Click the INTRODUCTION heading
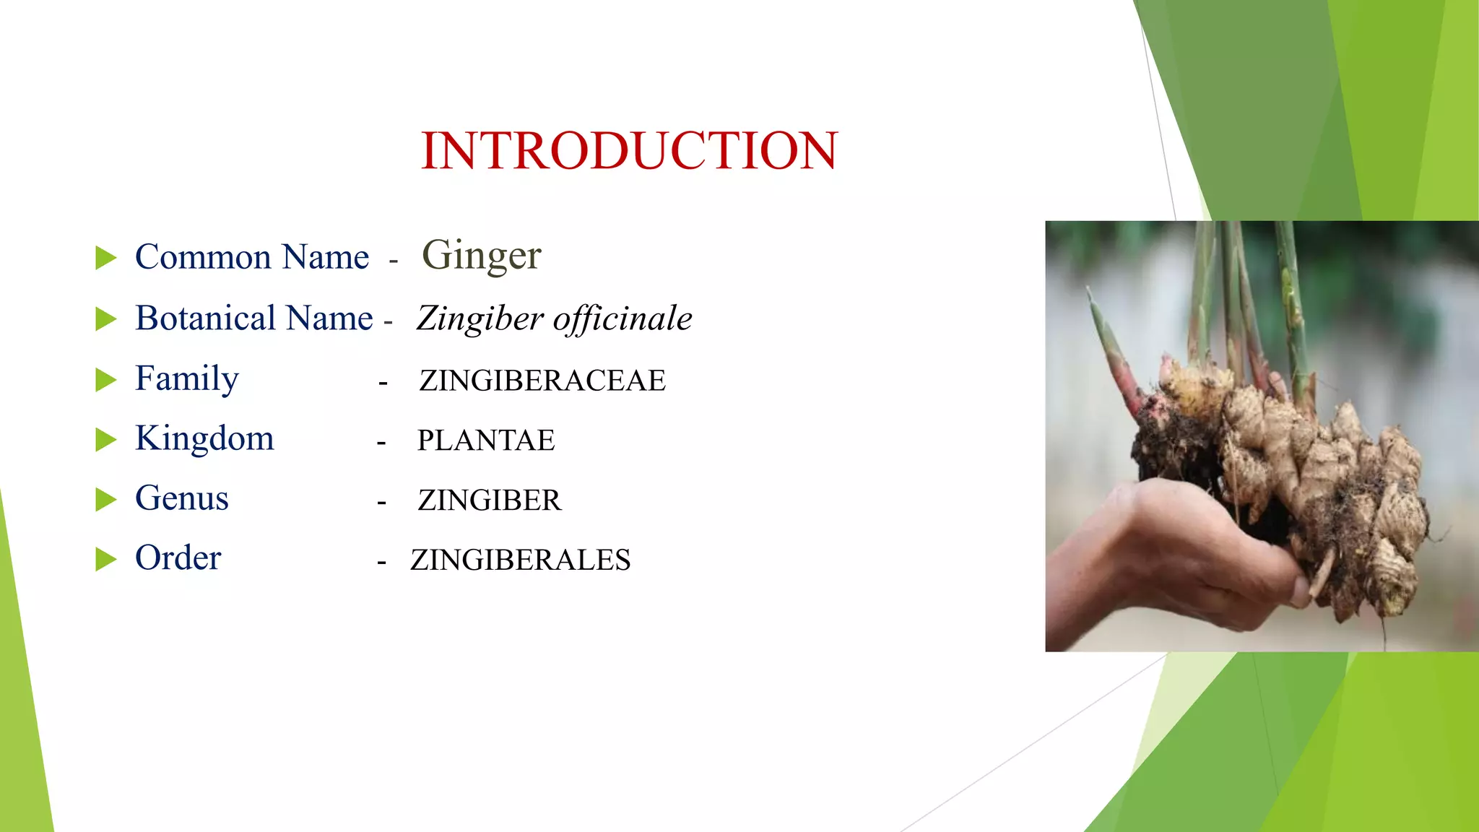pos(629,151)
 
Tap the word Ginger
pos(482,256)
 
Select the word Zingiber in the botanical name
pos(480,318)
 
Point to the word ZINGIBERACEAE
pos(542,381)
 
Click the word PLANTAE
pos(486,441)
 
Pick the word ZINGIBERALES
pos(520,560)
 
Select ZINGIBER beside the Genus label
pos(489,500)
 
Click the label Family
pos(186,378)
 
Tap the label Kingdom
pos(204,438)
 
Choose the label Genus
pos(181,498)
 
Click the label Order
pos(178,558)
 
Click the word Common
pos(203,257)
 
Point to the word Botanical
pos(206,318)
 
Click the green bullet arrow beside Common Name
pos(105,258)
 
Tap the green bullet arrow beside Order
pos(105,559)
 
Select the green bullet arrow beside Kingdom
pos(105,439)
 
